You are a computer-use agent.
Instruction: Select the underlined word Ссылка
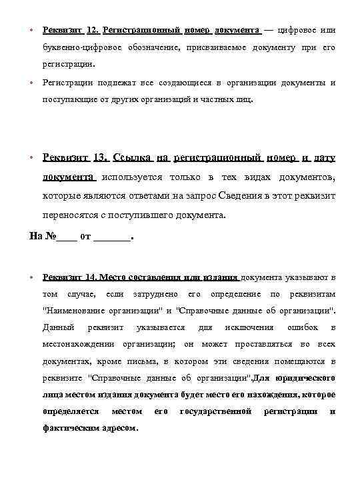click(x=132, y=158)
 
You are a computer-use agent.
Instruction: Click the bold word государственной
click(x=216, y=411)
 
